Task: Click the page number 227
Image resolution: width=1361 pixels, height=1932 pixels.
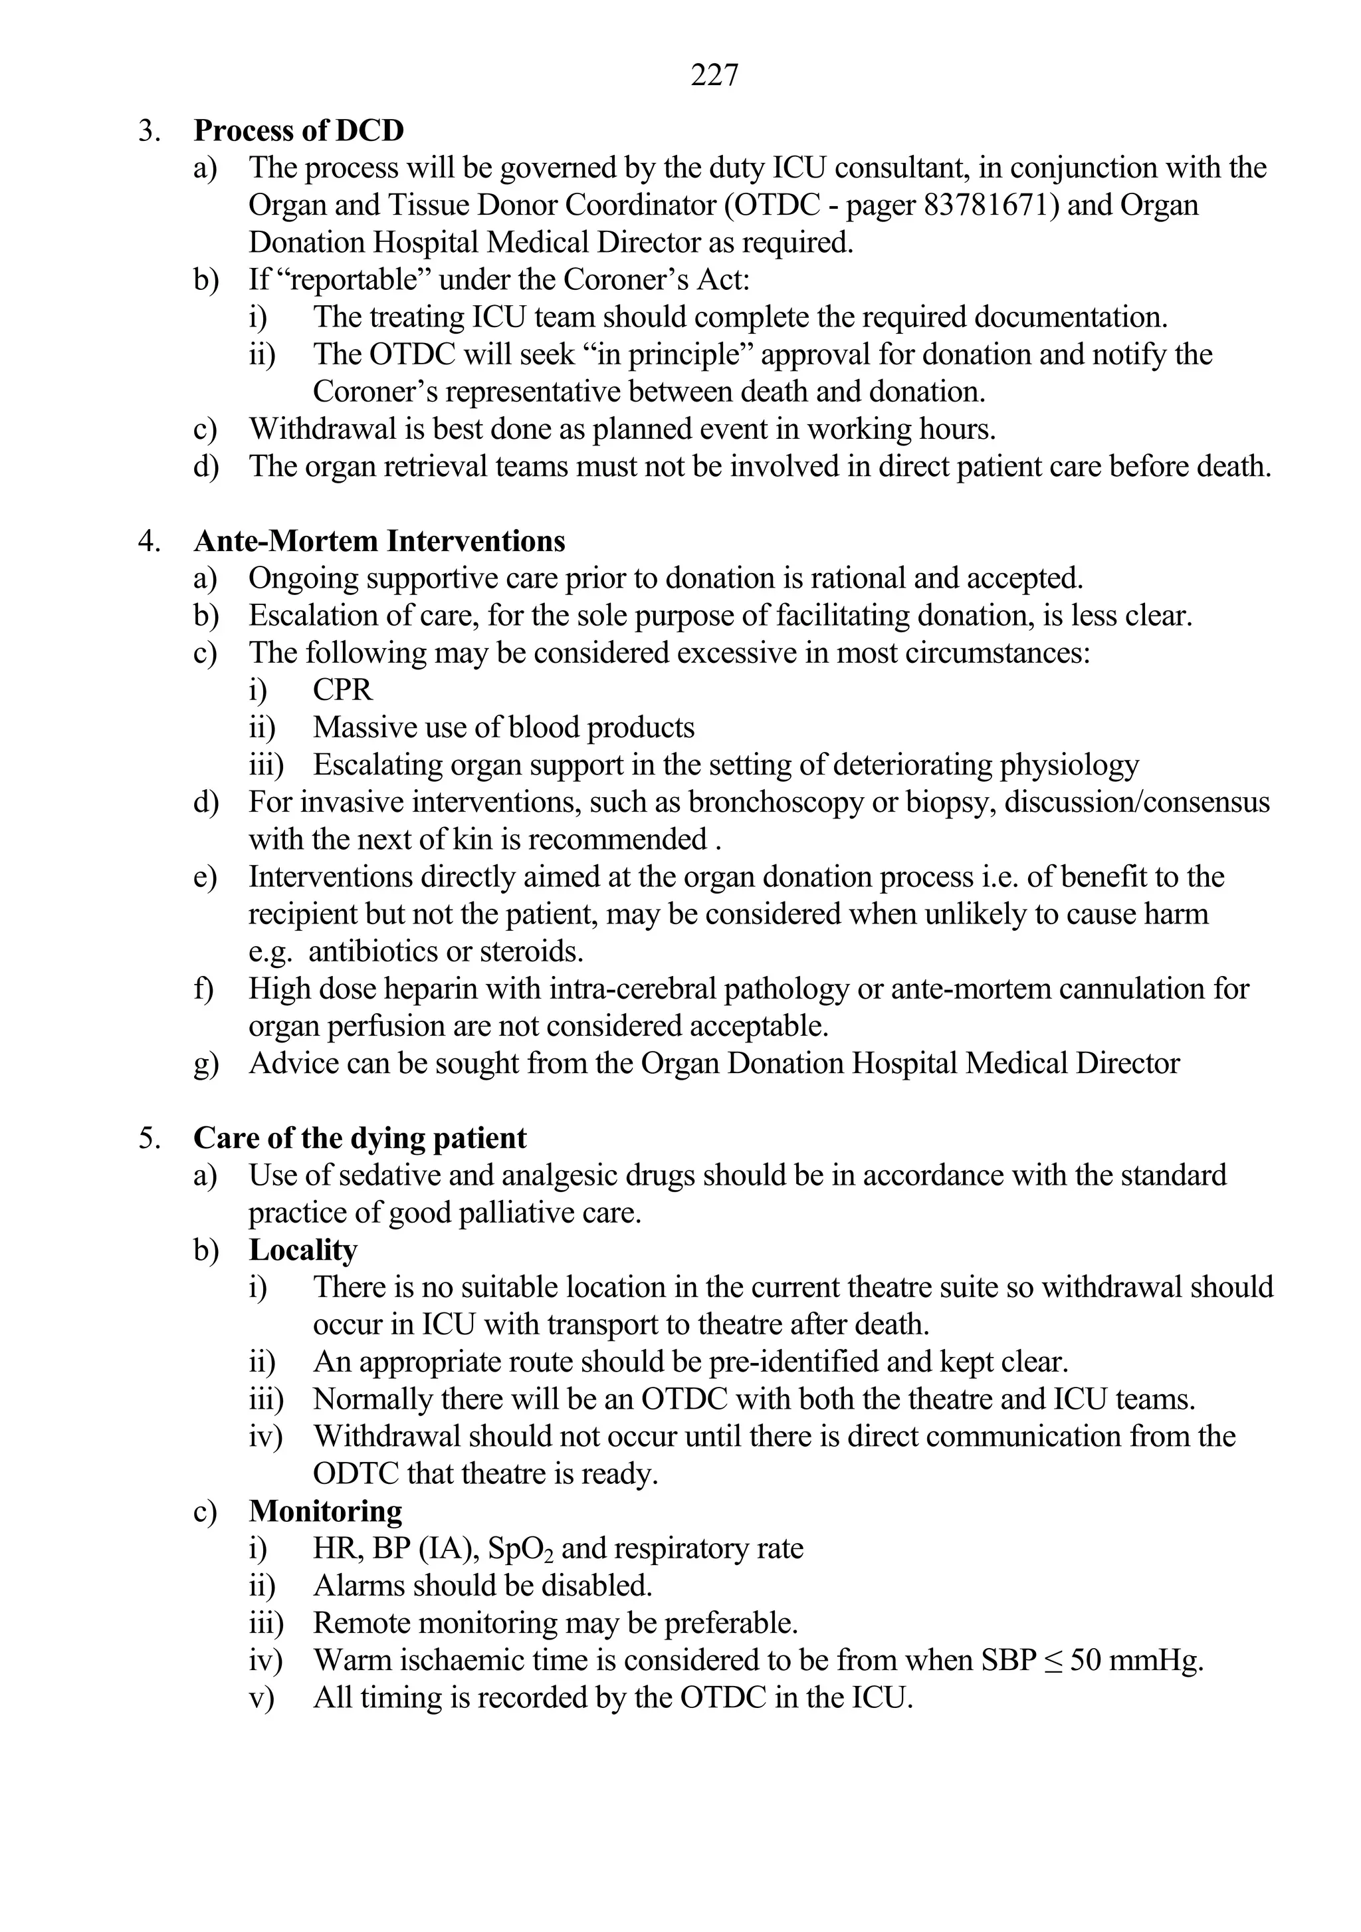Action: pyautogui.click(x=714, y=75)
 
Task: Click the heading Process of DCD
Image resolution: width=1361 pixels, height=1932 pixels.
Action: pyautogui.click(x=298, y=130)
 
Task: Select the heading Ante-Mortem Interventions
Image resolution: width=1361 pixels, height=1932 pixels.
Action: pyautogui.click(x=379, y=541)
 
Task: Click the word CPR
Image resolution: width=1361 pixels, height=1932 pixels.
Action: pyautogui.click(x=342, y=690)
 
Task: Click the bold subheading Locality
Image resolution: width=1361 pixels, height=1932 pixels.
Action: pyautogui.click(x=303, y=1250)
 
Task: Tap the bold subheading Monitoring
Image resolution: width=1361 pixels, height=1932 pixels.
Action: pyautogui.click(x=326, y=1510)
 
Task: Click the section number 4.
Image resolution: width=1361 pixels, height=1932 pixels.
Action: pyautogui.click(x=148, y=541)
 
